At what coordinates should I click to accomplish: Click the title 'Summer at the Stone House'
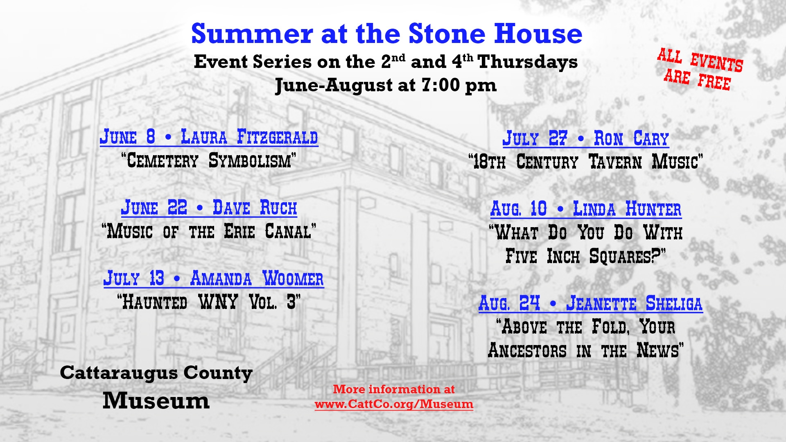[x=386, y=34]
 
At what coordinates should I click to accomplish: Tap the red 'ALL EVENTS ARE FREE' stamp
[x=700, y=69]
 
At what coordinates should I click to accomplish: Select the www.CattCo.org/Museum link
[x=394, y=404]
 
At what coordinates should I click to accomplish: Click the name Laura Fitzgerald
[x=249, y=137]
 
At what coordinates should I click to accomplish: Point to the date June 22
[x=154, y=207]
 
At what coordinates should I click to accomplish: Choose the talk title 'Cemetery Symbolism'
[x=209, y=160]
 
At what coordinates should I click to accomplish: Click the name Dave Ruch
[x=255, y=207]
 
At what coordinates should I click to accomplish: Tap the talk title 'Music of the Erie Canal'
[x=209, y=231]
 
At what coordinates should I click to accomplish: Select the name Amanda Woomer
[x=257, y=278]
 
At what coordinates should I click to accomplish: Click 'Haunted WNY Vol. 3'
[x=209, y=302]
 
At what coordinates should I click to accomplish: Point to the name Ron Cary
[x=631, y=138]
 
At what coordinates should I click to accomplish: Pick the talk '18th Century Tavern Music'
[x=586, y=162]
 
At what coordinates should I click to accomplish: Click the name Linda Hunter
[x=627, y=209]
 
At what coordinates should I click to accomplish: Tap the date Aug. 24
[x=509, y=303]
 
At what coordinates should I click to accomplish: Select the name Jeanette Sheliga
[x=634, y=303]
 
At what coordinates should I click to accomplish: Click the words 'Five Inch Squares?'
[x=586, y=256]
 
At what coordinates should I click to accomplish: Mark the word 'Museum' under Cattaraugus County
[x=156, y=400]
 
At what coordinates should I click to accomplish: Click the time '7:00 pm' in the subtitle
[x=459, y=85]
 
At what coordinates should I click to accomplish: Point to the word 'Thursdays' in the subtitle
[x=528, y=62]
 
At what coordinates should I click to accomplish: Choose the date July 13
[x=134, y=278]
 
